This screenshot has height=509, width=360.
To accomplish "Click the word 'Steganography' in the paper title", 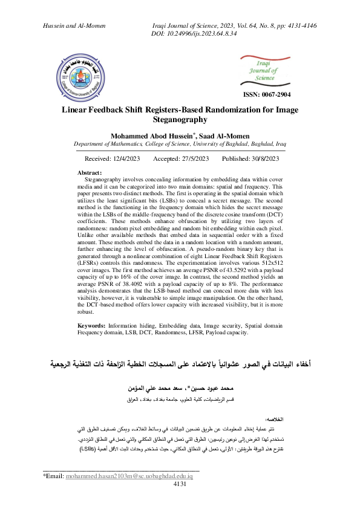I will [x=179, y=120].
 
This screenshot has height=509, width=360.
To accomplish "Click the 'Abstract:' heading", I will [x=91, y=173].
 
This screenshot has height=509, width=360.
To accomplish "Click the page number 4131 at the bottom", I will [x=180, y=501].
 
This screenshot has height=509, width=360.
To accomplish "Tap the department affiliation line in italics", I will [x=179, y=145].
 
